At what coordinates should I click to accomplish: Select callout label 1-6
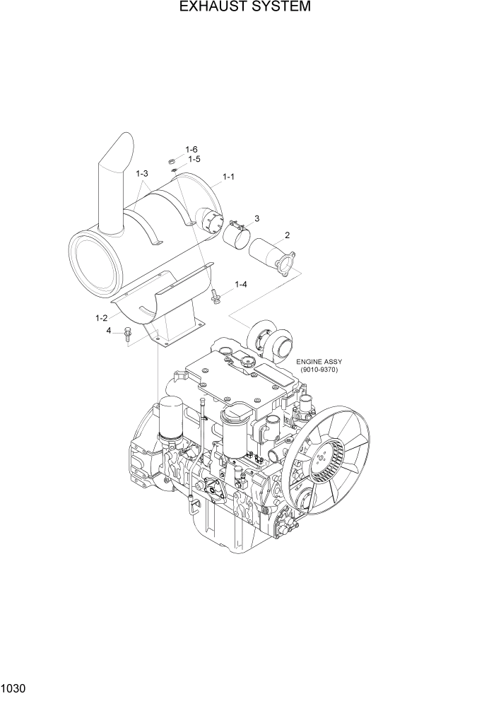(x=191, y=149)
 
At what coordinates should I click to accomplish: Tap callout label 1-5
(x=194, y=160)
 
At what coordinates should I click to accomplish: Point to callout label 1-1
(x=229, y=177)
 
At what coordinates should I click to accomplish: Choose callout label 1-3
(x=141, y=174)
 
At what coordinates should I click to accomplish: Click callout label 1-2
(x=102, y=318)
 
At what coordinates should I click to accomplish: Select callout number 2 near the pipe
(x=287, y=235)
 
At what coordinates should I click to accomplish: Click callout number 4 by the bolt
(x=109, y=330)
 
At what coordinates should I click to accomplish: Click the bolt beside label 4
(x=128, y=333)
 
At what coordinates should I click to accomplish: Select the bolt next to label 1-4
(x=215, y=295)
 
